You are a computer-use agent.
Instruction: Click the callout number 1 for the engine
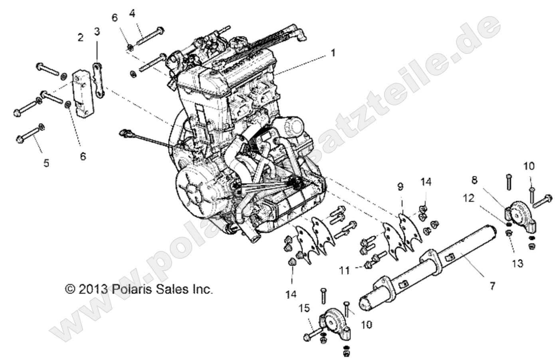tap(333, 52)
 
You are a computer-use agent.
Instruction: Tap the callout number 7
tap(492, 286)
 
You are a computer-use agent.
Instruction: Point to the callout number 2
tap(81, 38)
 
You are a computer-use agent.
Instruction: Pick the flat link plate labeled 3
tap(98, 80)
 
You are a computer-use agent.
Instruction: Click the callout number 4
tap(132, 13)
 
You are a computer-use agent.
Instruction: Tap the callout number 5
tap(46, 163)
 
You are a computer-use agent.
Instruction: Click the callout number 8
tap(474, 180)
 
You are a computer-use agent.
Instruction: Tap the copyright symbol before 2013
tap(70, 289)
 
